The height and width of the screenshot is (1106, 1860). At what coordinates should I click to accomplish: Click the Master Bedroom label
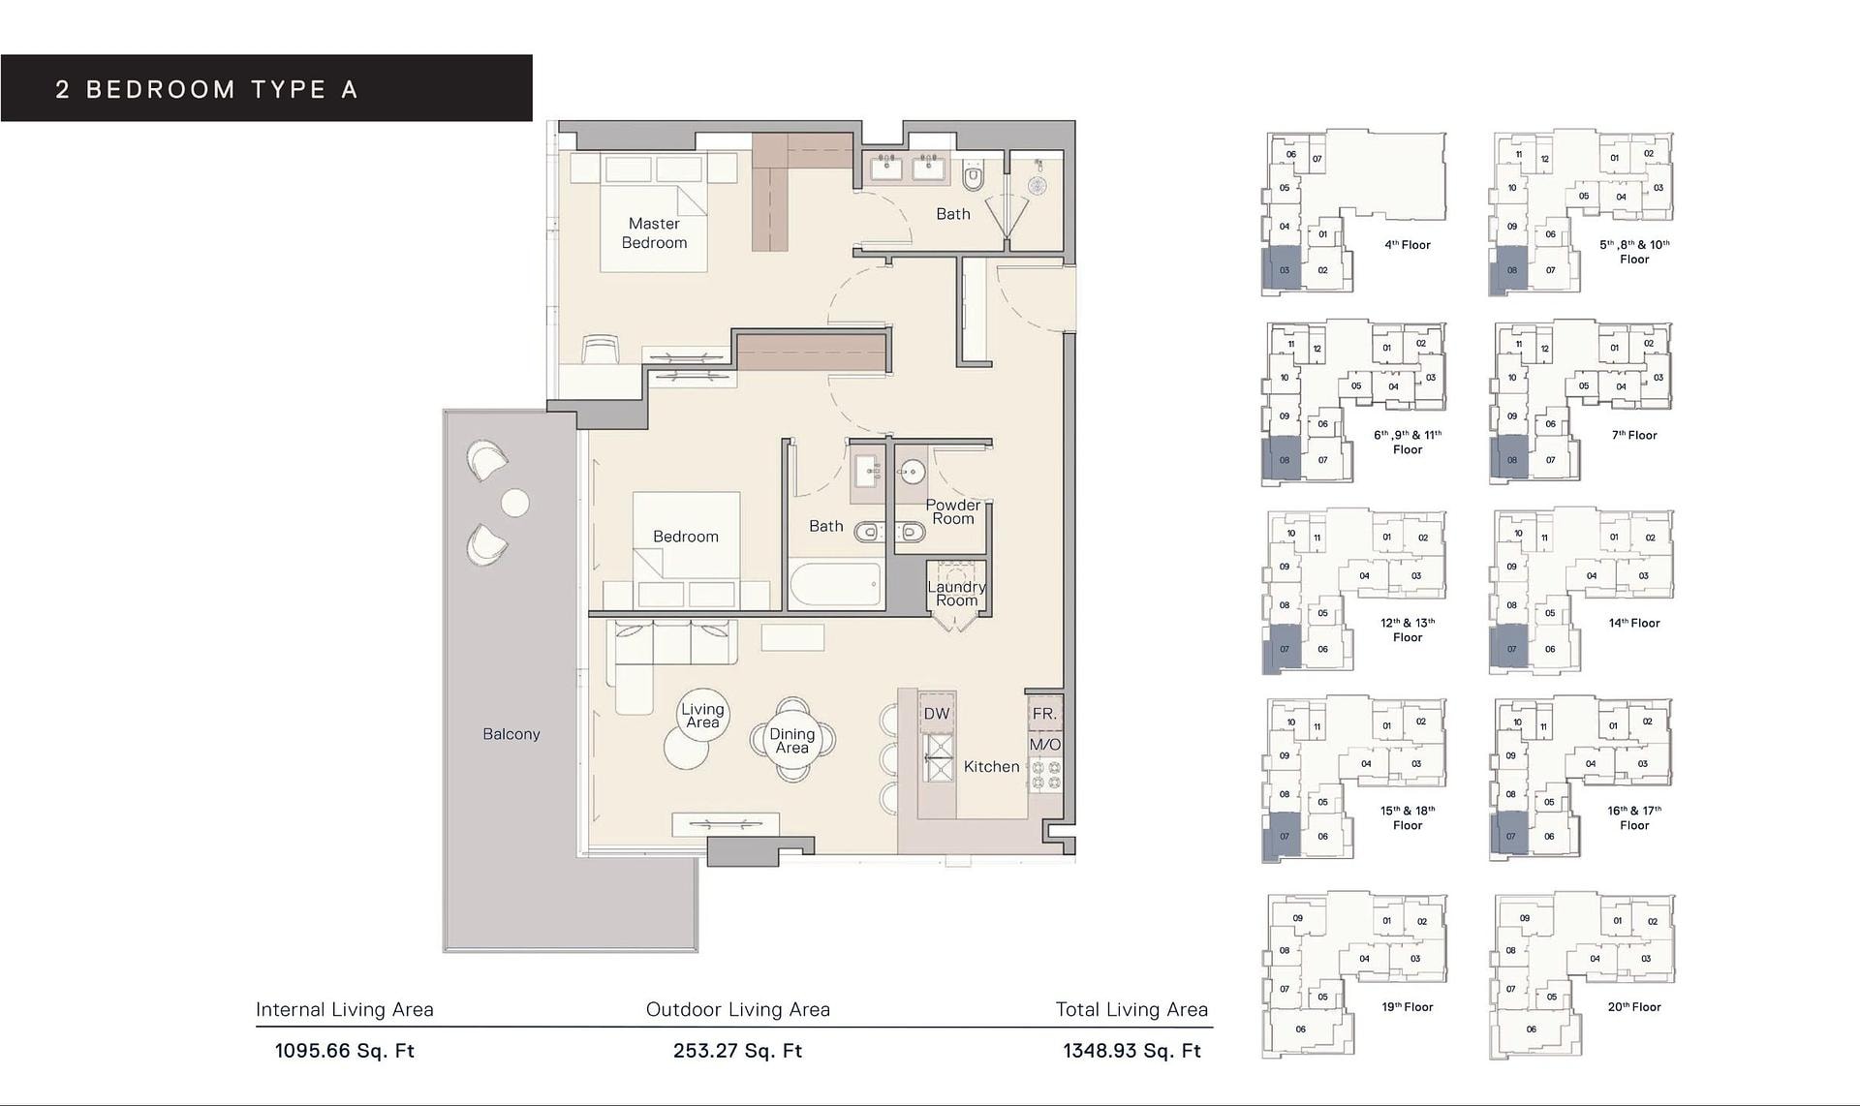(654, 233)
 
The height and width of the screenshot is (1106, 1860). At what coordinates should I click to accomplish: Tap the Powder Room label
(953, 511)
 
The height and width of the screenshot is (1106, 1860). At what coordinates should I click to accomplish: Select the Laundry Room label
(956, 594)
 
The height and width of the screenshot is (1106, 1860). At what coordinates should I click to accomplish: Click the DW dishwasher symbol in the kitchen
(937, 714)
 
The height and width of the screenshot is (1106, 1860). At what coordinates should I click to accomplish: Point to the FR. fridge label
(1044, 714)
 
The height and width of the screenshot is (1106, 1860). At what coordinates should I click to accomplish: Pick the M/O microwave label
(1045, 745)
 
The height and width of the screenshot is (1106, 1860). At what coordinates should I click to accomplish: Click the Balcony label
(511, 734)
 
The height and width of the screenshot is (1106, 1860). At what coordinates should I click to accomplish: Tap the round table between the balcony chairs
(515, 503)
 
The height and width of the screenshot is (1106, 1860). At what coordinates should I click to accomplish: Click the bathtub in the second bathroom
(836, 584)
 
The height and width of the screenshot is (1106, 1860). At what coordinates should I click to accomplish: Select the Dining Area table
(792, 740)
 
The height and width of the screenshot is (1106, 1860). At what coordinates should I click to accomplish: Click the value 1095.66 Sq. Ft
(345, 1051)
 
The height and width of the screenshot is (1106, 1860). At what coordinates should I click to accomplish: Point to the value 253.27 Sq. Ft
(738, 1051)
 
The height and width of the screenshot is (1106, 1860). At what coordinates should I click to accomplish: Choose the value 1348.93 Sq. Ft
(1132, 1051)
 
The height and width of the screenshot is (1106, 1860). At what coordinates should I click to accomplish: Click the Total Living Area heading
(1131, 1009)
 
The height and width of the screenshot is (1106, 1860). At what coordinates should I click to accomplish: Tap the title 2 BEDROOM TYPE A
(207, 90)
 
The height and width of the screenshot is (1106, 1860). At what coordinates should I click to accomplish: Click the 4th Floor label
(1408, 245)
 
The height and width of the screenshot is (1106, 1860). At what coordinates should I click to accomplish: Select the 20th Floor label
(1634, 1007)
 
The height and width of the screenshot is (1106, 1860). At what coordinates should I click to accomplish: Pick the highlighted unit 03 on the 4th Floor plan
(1282, 270)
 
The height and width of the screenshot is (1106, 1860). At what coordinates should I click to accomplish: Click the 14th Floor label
(1634, 623)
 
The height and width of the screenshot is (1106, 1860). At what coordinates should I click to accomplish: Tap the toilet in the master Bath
(974, 175)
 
